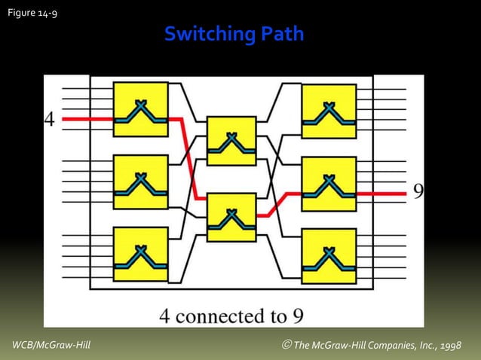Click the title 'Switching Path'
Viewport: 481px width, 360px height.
pos(234,34)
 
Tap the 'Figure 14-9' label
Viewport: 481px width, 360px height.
pos(32,12)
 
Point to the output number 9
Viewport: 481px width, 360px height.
pos(418,191)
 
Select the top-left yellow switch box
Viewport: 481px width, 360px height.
pos(140,109)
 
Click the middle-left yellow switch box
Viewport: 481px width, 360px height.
pos(140,182)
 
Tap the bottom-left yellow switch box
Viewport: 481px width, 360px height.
pos(140,255)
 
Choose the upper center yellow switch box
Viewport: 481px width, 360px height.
pos(231,141)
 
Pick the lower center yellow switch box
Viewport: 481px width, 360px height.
pos(231,217)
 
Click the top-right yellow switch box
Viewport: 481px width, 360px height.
pos(329,111)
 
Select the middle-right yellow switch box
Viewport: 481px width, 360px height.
pos(329,184)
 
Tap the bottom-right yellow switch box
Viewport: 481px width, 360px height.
pos(329,255)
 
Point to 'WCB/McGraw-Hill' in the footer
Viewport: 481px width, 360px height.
pos(51,345)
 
